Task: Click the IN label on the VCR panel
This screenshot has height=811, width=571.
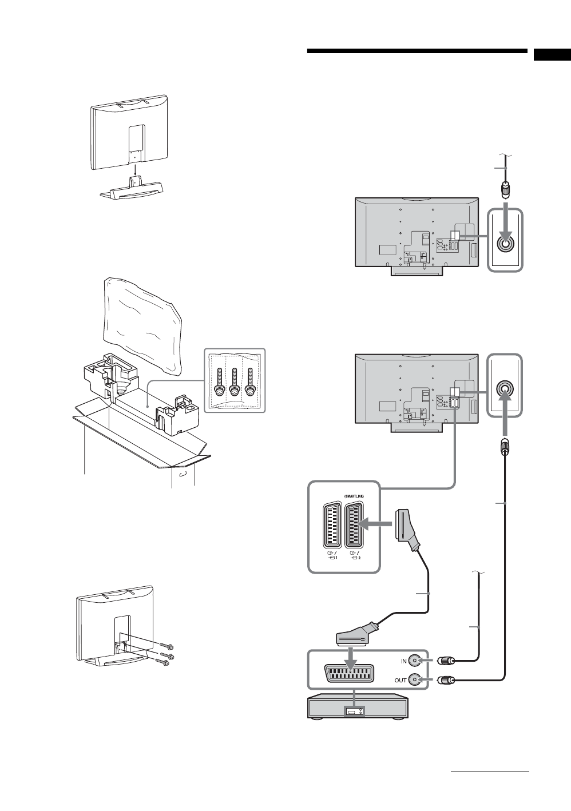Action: (403, 661)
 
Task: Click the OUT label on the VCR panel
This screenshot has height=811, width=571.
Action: (401, 680)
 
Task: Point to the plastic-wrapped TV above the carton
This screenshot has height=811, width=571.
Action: (142, 323)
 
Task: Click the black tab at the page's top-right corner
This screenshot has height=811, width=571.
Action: (552, 55)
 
